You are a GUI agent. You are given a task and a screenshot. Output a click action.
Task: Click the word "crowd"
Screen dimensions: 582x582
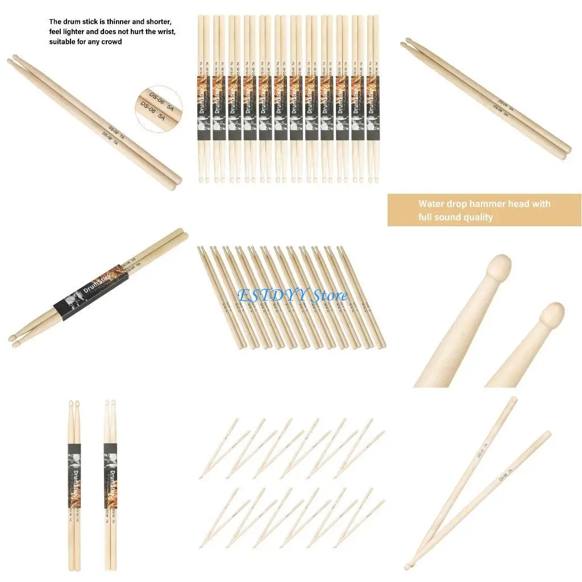111,42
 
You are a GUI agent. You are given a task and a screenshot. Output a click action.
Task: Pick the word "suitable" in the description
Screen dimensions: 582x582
63,42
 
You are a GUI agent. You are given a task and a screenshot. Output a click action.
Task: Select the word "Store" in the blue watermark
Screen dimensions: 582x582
329,295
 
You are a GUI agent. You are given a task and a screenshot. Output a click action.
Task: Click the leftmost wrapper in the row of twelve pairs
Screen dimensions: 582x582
204,109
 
